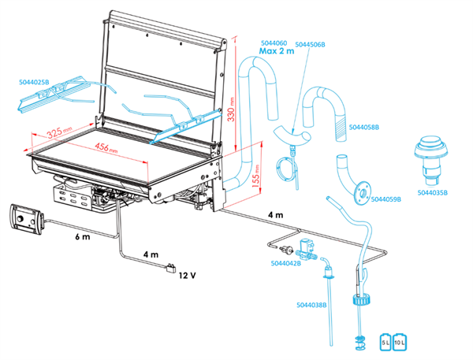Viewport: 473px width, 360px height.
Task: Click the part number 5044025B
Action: [x=32, y=81]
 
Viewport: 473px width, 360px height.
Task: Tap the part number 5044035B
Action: [x=434, y=191]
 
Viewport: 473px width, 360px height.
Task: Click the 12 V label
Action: [x=187, y=275]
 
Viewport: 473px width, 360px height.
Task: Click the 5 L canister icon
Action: [x=386, y=342]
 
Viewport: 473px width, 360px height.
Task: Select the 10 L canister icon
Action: [x=400, y=342]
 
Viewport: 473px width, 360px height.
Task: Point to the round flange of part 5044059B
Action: [x=363, y=189]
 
